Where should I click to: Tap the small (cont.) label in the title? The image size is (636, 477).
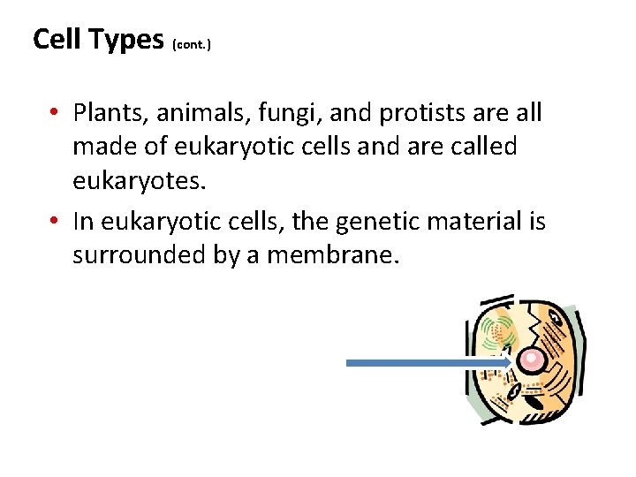192,42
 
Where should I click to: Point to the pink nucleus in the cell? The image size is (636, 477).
532,360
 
